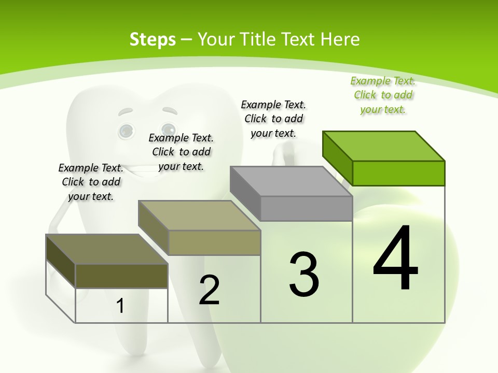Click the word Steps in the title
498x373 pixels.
coord(153,39)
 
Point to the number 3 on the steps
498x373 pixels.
coord(304,274)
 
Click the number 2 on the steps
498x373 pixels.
coord(210,290)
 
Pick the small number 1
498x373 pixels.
coord(120,306)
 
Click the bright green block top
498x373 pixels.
coord(383,146)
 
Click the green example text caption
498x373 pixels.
coord(383,95)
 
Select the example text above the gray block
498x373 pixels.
coord(273,119)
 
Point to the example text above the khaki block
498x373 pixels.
coord(181,152)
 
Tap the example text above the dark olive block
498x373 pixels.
coord(91,182)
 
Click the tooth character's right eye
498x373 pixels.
coord(168,129)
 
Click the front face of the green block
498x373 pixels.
coord(398,173)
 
